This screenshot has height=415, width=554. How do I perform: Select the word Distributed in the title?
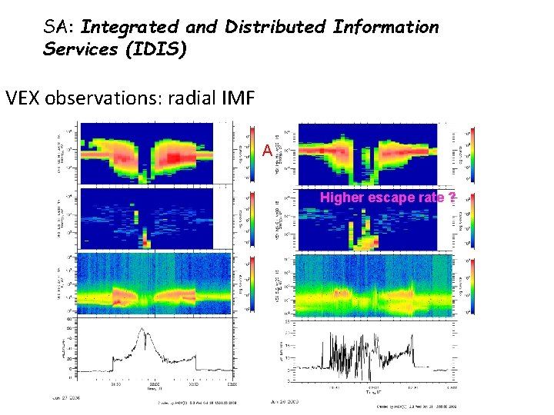[x=272, y=28]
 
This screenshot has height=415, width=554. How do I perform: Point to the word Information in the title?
[x=385, y=28]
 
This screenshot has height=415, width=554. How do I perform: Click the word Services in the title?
[x=77, y=48]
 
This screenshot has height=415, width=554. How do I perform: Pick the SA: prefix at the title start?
[x=60, y=28]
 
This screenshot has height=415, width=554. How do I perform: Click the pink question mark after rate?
[x=452, y=198]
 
